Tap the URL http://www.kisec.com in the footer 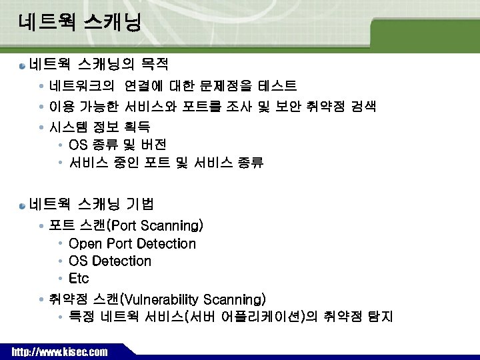pos(59,351)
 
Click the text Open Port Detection pos(132,244)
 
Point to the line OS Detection pos(110,261)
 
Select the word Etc pos(79,278)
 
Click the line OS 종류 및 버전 pos(117,145)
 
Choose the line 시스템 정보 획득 pos(100,126)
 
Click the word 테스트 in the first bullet pos(277,86)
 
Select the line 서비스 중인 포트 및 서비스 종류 pos(166,163)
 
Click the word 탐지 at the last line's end pos(381,317)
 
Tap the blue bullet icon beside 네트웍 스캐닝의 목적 pos(23,66)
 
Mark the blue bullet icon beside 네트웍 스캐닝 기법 pos(23,205)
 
